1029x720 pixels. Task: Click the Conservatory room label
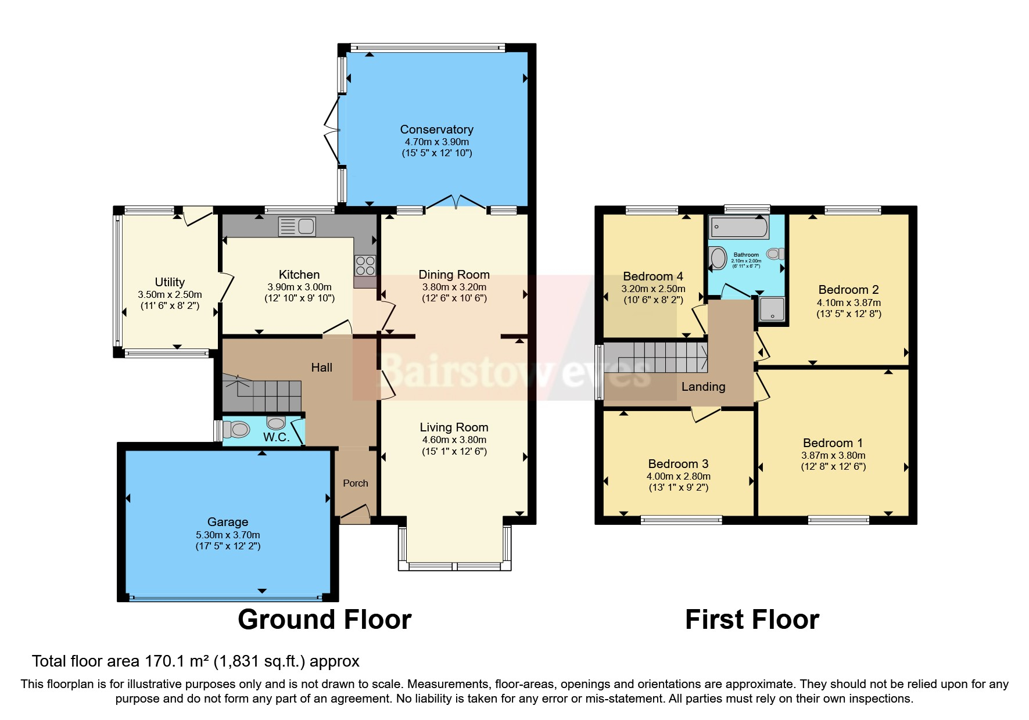pyautogui.click(x=436, y=129)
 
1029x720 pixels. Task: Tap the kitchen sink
pyautogui.click(x=297, y=226)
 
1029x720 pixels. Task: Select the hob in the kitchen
pyautogui.click(x=365, y=265)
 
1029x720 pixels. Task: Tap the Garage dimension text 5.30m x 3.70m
pyautogui.click(x=228, y=535)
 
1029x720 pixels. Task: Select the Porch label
pyautogui.click(x=355, y=483)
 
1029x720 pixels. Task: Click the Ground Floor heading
pyautogui.click(x=324, y=620)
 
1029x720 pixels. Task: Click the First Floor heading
pyautogui.click(x=752, y=620)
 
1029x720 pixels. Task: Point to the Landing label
pyautogui.click(x=703, y=387)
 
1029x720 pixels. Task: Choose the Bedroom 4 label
pyautogui.click(x=653, y=276)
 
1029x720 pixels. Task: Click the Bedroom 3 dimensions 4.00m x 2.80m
pyautogui.click(x=678, y=476)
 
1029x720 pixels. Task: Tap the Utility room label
pyautogui.click(x=170, y=282)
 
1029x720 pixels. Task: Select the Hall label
pyautogui.click(x=321, y=368)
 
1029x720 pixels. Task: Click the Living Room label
pyautogui.click(x=454, y=427)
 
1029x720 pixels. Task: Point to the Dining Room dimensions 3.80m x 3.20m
pyautogui.click(x=454, y=287)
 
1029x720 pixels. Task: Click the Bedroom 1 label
pyautogui.click(x=833, y=443)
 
